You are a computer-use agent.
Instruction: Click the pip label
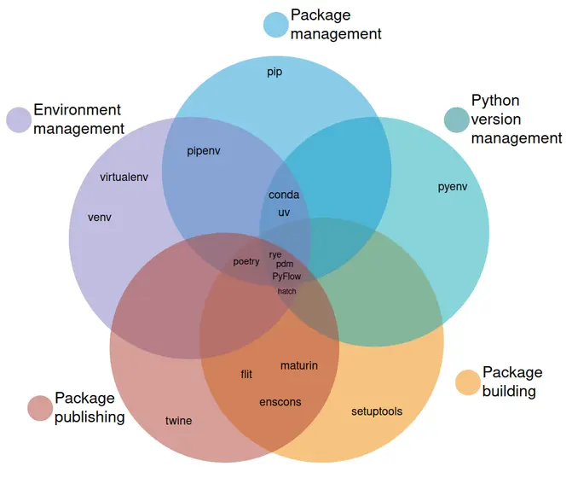274,73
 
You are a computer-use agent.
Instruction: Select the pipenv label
204,151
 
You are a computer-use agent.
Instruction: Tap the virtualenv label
124,178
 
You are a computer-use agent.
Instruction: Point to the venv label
100,217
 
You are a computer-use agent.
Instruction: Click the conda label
284,195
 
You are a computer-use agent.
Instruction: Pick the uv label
284,212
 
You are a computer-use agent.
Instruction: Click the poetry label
246,262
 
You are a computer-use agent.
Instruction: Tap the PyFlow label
287,277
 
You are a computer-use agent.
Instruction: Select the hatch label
287,291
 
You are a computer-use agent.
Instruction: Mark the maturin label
299,365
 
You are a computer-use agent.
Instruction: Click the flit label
246,375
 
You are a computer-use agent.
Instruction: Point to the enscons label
280,402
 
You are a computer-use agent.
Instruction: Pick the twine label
179,421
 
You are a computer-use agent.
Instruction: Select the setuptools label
377,411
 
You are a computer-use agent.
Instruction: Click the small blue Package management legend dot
275,25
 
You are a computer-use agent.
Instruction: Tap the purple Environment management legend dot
19,119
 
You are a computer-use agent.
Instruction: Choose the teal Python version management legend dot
457,119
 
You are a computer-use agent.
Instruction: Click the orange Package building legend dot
468,382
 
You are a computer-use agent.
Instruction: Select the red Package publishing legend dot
40,408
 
